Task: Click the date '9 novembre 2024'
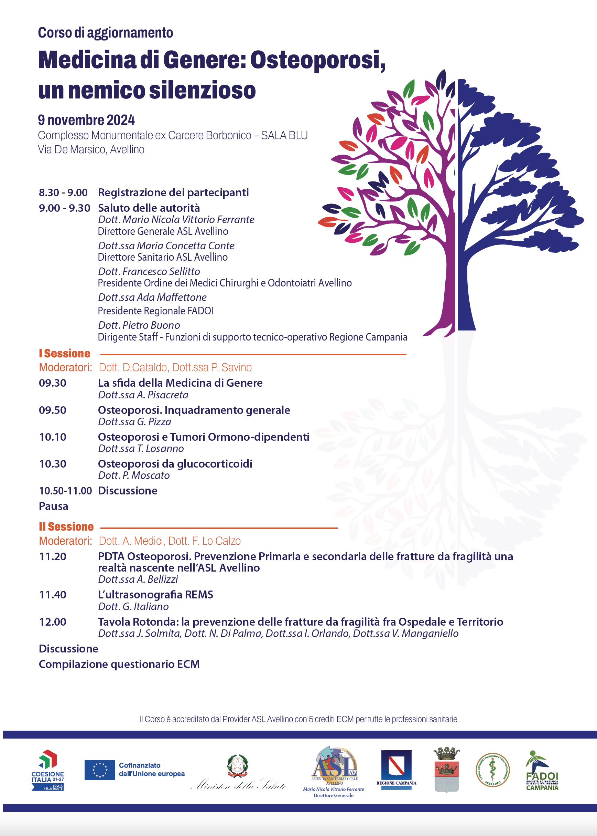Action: click(86, 120)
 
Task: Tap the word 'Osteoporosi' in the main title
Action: click(318, 60)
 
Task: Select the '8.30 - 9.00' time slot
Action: click(63, 192)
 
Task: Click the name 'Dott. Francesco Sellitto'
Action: click(149, 271)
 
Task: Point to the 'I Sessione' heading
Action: click(65, 353)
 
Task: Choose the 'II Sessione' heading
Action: click(66, 526)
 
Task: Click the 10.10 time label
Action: click(53, 437)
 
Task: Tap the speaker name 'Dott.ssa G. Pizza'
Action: click(134, 422)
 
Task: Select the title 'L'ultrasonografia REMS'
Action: click(155, 595)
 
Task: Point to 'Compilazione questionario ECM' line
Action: click(119, 664)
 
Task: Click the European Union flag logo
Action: click(100, 770)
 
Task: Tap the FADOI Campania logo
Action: click(542, 771)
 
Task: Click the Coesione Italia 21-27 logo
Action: click(48, 770)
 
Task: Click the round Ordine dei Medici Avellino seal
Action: click(492, 770)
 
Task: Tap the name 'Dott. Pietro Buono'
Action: click(139, 325)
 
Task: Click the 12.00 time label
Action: click(53, 622)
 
